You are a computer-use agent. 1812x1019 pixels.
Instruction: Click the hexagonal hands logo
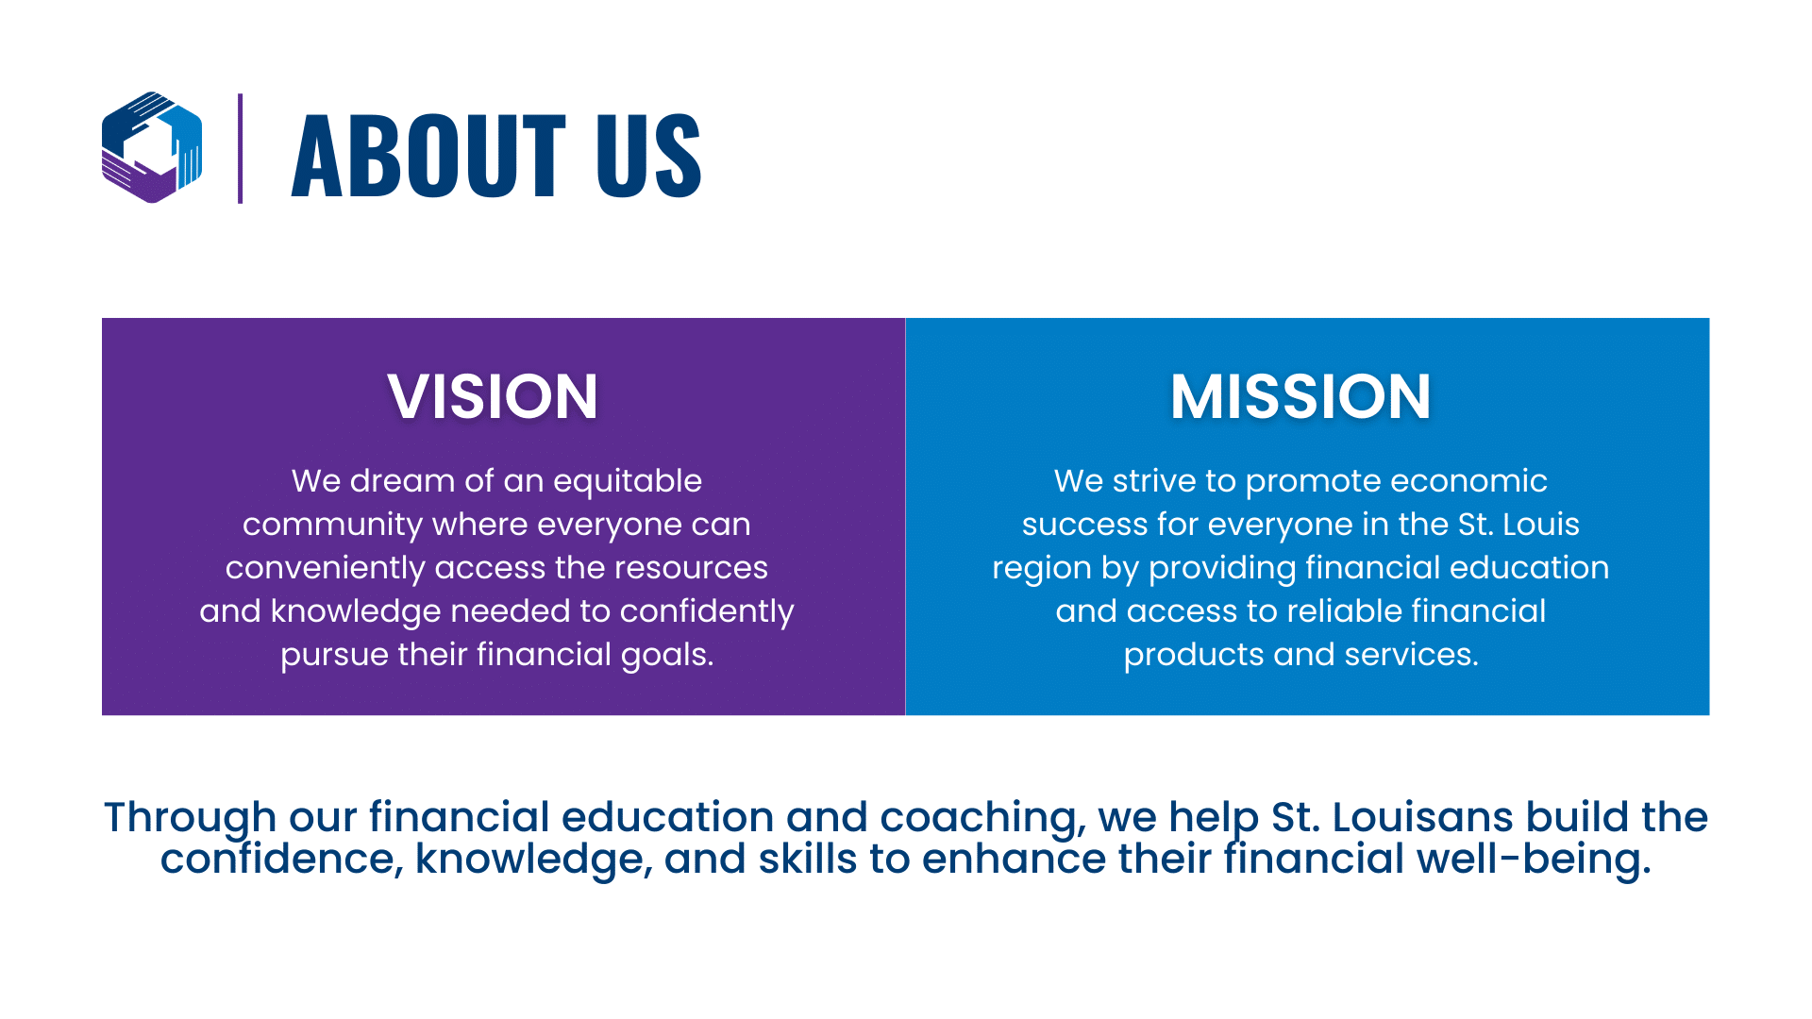152,147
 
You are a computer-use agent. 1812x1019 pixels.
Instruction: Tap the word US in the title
649,155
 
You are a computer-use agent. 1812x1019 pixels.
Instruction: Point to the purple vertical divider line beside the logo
241,148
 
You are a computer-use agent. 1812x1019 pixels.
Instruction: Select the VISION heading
493,396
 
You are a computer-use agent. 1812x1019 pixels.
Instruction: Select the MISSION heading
1300,396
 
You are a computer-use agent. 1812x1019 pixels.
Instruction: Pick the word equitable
628,482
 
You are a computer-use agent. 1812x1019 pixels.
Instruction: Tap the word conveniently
326,569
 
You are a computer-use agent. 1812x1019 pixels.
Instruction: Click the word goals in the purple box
667,656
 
